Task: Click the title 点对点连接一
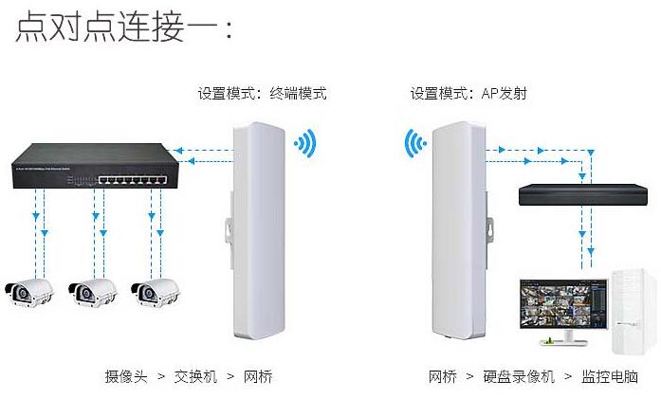[x=123, y=26]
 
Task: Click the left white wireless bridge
[x=254, y=231]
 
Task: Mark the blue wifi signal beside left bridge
[x=304, y=144]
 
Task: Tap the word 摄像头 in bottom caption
[x=126, y=376]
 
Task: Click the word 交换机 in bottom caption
[x=195, y=376]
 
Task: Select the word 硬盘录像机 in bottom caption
[x=520, y=376]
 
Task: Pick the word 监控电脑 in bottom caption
[x=612, y=376]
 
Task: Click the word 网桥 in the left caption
[x=258, y=376]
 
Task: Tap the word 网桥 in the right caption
[x=443, y=376]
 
